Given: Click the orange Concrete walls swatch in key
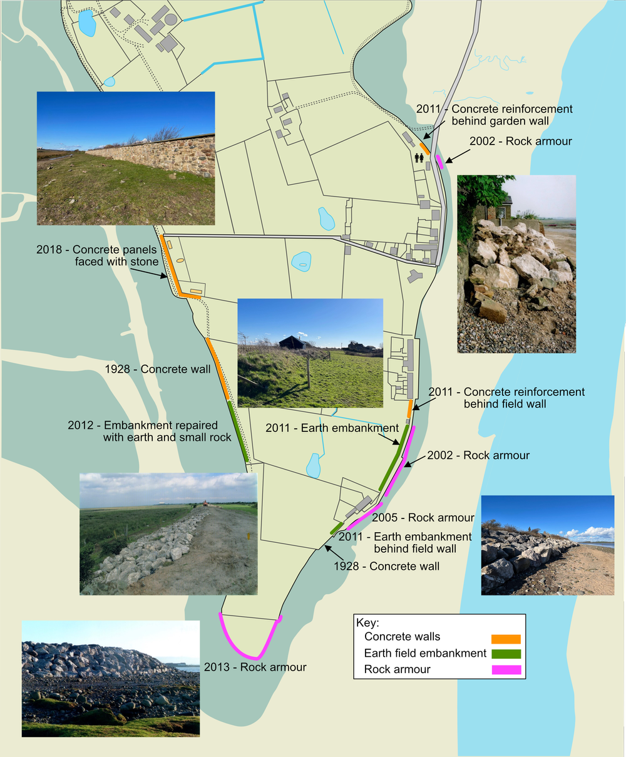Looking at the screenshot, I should [x=506, y=639].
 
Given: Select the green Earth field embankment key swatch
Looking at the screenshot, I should [x=506, y=654].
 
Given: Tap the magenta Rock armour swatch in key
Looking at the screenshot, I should [x=506, y=670].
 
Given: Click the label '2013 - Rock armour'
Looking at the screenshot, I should [x=255, y=667].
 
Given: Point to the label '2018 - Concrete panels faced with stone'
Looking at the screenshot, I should [x=98, y=255].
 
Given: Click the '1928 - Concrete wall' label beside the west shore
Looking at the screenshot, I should [x=158, y=369].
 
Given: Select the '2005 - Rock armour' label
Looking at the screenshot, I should [x=423, y=518].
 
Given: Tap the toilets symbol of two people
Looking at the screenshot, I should [x=419, y=158].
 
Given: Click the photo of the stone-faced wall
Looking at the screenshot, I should [x=126, y=158].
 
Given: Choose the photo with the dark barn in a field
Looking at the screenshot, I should [x=310, y=353].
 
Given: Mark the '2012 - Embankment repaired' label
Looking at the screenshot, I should [x=150, y=431].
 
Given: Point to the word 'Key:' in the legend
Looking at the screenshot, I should [x=367, y=623].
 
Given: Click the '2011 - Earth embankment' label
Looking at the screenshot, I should [x=332, y=428].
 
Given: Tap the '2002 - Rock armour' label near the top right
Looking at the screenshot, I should [x=521, y=142].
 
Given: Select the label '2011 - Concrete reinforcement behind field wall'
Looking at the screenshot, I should [x=507, y=398].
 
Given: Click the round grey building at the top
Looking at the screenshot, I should [x=170, y=19].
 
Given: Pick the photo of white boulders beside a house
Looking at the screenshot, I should [x=516, y=264].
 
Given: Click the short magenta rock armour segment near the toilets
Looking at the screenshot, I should [x=439, y=162].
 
